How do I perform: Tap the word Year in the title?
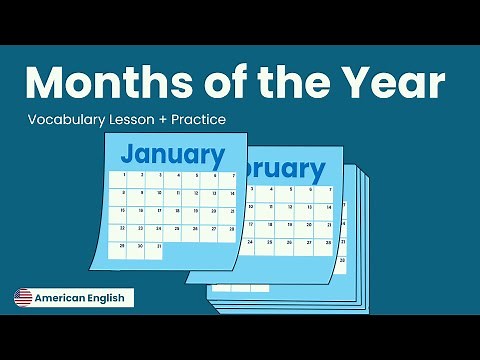click(394, 83)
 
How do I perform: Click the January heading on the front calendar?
click(172, 155)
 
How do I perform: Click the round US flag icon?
click(23, 297)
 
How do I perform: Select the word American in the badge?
click(63, 297)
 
